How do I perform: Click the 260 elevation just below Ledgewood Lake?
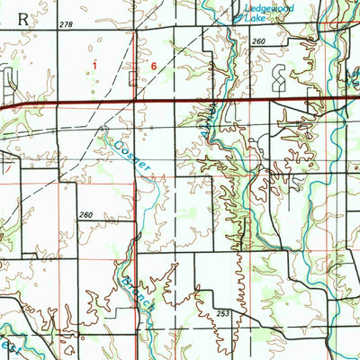[x=259, y=42]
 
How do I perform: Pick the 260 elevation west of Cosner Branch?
[x=85, y=215]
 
